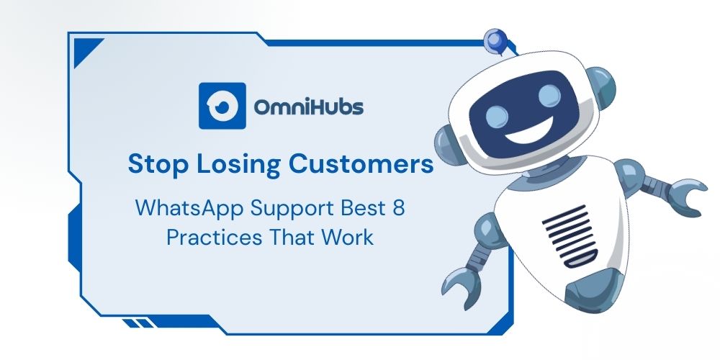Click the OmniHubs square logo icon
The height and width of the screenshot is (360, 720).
pyautogui.click(x=222, y=106)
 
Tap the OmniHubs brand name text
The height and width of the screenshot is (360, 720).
pyautogui.click(x=309, y=107)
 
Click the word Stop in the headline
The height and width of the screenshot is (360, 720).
pyautogui.click(x=158, y=164)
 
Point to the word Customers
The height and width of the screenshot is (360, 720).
pyautogui.click(x=361, y=164)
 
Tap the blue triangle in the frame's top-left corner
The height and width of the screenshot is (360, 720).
pyautogui.click(x=86, y=50)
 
